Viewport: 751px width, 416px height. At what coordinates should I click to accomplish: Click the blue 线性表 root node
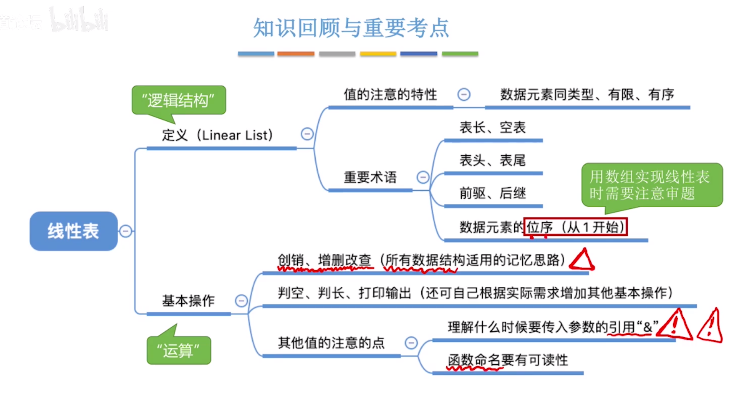[x=74, y=231]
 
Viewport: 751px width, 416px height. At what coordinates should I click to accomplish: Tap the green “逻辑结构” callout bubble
[x=179, y=100]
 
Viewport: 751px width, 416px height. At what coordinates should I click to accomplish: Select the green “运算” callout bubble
[x=179, y=350]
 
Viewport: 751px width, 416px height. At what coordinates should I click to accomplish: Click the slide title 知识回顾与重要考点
[x=351, y=28]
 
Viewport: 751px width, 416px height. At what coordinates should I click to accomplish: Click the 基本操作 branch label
[x=188, y=301]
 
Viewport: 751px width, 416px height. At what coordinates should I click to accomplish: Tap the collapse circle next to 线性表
[x=126, y=231]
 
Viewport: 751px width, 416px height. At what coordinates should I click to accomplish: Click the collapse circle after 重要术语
[x=423, y=177]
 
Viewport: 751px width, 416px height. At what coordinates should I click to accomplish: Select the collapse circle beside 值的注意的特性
[x=464, y=94]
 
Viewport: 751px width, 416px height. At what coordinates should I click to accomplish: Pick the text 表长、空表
[x=492, y=127]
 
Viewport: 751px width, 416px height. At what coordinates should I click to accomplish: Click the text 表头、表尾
[x=492, y=160]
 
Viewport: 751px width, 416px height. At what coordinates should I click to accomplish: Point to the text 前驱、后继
[x=492, y=193]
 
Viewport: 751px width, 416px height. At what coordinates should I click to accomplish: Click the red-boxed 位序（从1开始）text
[x=575, y=227]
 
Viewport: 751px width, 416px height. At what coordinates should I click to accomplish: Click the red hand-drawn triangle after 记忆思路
[x=582, y=260]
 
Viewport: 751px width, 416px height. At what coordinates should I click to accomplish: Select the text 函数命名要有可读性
[x=508, y=360]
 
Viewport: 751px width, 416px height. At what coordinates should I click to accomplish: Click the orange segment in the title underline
[x=296, y=54]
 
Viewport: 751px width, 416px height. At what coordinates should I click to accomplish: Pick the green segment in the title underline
[x=460, y=54]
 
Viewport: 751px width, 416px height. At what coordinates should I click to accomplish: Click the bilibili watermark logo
[x=79, y=20]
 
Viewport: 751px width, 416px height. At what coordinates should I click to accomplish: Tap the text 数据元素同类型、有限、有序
[x=587, y=94]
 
